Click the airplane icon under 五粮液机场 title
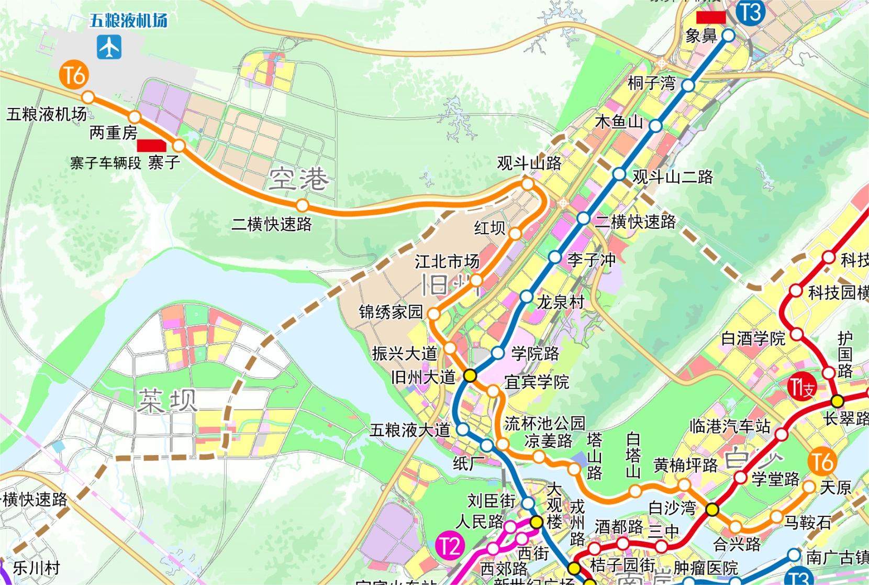(109, 47)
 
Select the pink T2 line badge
(450, 547)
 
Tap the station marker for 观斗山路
(528, 184)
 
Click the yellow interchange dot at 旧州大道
(470, 375)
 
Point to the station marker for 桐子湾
(688, 85)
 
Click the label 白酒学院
(753, 339)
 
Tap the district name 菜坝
(168, 401)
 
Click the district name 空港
(299, 180)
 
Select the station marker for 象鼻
(729, 36)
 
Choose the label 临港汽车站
(730, 426)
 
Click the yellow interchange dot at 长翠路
(838, 401)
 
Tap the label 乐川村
(37, 568)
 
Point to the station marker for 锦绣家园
(434, 314)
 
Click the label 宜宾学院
(537, 382)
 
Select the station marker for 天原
(809, 487)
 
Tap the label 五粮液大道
(410, 431)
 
